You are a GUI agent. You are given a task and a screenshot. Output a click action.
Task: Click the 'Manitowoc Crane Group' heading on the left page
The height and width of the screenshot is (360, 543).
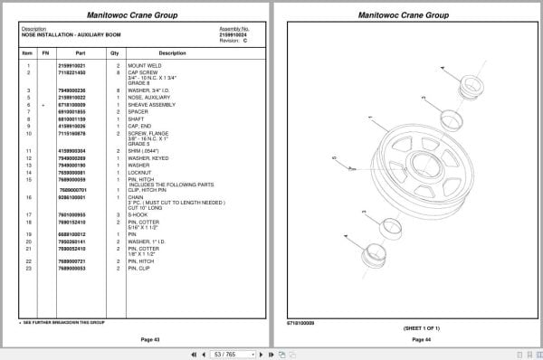coord(136,15)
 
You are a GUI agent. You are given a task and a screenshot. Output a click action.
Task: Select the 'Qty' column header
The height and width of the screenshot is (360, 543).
coord(115,53)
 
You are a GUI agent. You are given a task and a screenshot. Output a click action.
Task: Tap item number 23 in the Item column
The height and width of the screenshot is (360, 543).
coord(29,268)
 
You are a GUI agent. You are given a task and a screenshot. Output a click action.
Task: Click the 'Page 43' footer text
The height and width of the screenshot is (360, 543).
coord(136,339)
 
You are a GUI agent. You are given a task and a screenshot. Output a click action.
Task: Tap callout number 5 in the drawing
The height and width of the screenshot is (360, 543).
coord(335,157)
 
